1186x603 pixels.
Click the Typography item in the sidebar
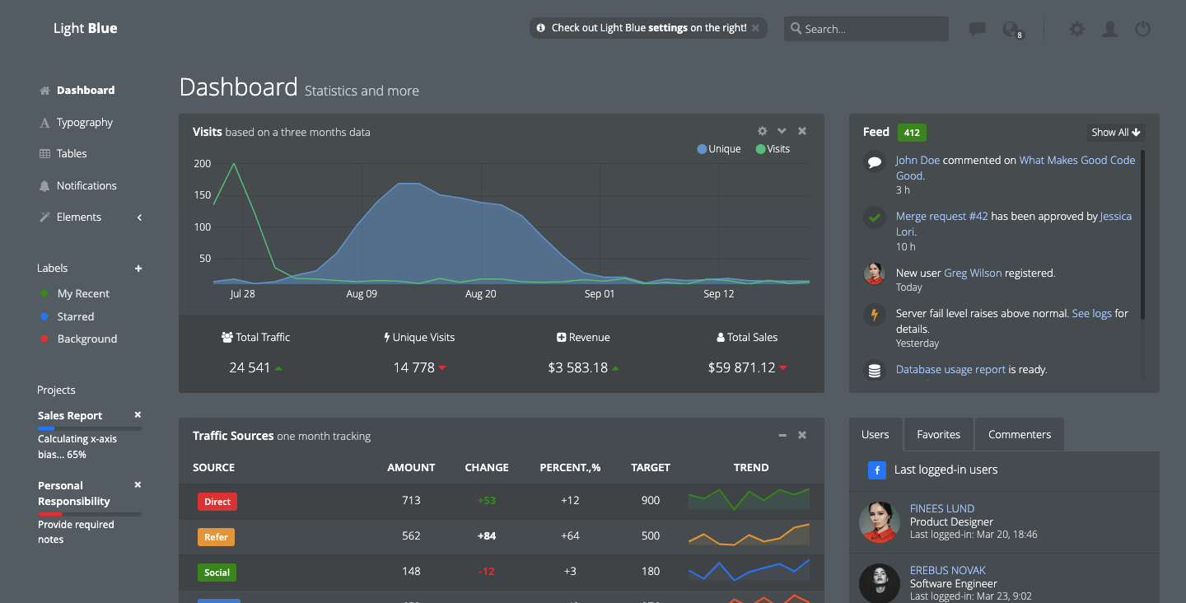(84, 122)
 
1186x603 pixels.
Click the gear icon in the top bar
(1076, 29)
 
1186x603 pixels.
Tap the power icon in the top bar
(1142, 29)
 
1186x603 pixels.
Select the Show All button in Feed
(1116, 132)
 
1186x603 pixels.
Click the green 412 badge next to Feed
(912, 132)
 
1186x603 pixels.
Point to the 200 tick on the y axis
(203, 163)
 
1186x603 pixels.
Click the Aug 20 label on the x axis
(480, 293)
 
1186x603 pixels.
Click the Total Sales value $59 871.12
(741, 367)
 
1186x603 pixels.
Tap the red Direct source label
(217, 501)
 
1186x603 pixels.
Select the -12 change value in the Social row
(486, 571)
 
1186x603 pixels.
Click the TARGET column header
(650, 467)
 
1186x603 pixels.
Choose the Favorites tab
(938, 434)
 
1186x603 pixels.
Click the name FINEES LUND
(941, 508)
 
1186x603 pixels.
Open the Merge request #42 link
(941, 216)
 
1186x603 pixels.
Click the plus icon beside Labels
(138, 269)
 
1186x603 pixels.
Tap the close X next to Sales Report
(138, 415)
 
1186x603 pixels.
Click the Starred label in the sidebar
(76, 316)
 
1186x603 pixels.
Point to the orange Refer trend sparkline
(749, 536)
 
